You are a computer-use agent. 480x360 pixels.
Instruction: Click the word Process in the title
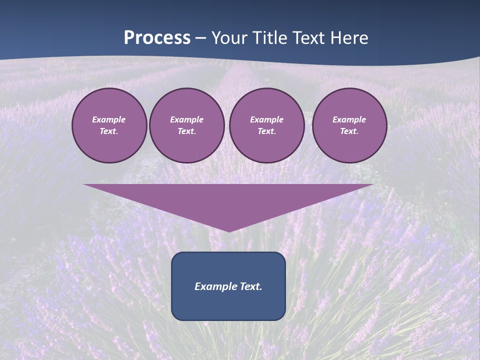click(x=157, y=38)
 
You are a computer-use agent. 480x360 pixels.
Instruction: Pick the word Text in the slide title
click(x=309, y=38)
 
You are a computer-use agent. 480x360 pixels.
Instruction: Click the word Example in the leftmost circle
click(x=109, y=119)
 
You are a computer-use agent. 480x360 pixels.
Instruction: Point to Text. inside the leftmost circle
click(x=109, y=131)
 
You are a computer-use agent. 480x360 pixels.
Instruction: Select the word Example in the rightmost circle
click(x=349, y=119)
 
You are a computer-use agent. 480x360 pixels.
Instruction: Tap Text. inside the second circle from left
click(x=187, y=131)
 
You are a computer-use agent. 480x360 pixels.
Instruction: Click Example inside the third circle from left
click(x=267, y=119)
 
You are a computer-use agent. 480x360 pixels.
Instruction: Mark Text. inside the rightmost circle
click(x=349, y=131)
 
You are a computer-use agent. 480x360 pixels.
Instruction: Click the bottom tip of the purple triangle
click(x=229, y=230)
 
